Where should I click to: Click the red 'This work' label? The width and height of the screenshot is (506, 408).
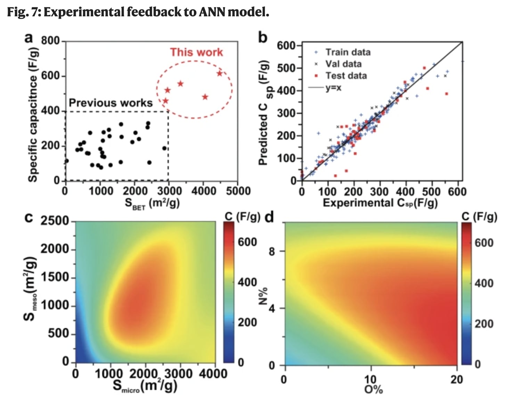click(196, 52)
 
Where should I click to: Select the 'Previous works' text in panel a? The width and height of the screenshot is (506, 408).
click(111, 103)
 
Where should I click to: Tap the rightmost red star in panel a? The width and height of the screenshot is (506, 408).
click(219, 73)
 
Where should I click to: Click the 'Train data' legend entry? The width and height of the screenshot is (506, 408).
click(348, 52)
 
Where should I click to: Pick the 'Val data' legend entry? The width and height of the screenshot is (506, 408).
click(343, 64)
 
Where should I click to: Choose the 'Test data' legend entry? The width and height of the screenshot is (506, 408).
click(346, 76)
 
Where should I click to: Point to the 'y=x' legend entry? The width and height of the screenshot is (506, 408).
click(333, 88)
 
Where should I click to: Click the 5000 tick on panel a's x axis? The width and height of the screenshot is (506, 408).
click(238, 191)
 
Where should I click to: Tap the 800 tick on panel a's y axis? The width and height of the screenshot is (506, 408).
click(51, 41)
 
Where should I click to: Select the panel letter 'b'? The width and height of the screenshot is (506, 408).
click(262, 37)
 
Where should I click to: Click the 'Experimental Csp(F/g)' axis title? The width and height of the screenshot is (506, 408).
click(380, 203)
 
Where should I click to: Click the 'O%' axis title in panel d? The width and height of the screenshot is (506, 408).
click(373, 390)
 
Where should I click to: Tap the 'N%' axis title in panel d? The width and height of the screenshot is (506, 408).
click(263, 296)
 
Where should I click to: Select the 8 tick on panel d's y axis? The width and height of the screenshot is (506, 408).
click(272, 251)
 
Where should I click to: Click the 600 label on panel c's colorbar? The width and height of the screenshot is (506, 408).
click(247, 242)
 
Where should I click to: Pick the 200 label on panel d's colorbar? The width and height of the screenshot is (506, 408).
click(484, 324)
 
